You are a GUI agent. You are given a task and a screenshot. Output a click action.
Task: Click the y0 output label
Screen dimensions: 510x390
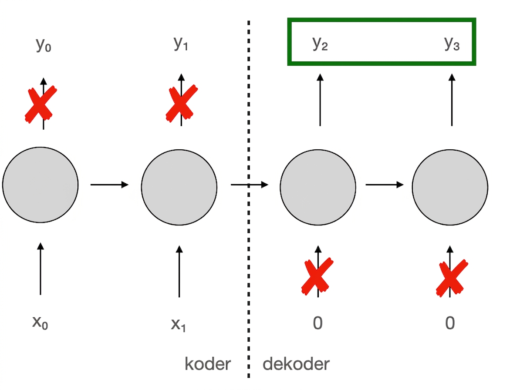point(43,45)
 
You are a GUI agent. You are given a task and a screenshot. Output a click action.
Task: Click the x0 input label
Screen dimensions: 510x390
point(40,323)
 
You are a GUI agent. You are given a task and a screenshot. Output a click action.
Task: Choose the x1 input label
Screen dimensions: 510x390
point(178,324)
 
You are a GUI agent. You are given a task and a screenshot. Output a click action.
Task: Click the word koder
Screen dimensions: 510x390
point(207,364)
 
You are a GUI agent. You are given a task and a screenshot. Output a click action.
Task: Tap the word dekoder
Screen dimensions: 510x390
point(296,364)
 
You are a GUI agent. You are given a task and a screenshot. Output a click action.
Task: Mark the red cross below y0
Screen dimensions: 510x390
point(41,104)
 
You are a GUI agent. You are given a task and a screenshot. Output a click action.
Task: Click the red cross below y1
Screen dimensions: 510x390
point(182,103)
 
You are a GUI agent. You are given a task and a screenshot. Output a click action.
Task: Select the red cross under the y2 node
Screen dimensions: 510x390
point(317,276)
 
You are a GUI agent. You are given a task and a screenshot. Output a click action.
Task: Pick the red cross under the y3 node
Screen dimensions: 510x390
point(452,278)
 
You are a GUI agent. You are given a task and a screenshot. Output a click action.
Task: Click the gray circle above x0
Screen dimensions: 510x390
point(41,185)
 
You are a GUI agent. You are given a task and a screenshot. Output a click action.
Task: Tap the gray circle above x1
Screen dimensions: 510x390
point(179,187)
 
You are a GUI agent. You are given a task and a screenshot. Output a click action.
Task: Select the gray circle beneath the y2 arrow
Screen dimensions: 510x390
point(318,187)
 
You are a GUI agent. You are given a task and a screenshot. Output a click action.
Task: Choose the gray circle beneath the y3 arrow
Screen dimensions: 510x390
point(450,187)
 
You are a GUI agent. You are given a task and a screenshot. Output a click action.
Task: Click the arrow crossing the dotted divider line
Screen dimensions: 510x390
point(250,185)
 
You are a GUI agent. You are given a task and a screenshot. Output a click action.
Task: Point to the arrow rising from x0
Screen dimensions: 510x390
point(41,269)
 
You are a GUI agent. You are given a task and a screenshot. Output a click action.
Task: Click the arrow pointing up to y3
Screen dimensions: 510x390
point(452,100)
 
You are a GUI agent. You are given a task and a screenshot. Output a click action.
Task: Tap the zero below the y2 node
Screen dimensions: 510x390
point(318,323)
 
